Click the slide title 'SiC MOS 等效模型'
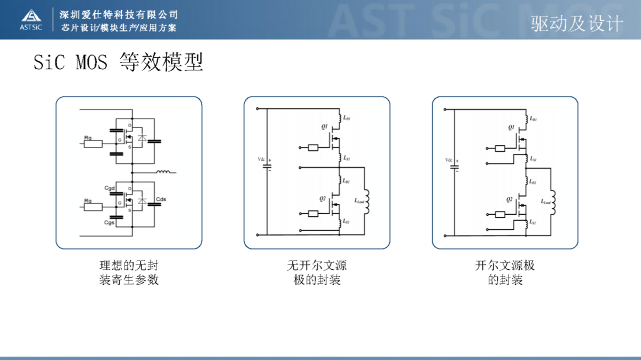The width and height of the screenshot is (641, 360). coord(118,62)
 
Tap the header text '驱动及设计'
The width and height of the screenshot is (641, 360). coord(577,24)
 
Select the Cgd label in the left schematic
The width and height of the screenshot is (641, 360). coord(110,189)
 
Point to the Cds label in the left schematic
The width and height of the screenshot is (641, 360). coord(161,199)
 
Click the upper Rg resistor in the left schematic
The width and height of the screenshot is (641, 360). coord(93,143)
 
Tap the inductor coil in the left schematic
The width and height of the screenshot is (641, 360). coord(163,172)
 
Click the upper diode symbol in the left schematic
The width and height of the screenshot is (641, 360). coord(142,138)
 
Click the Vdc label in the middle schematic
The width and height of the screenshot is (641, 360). coord(261,159)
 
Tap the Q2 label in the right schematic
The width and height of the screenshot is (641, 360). coord(510,199)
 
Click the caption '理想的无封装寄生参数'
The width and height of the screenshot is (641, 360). coord(129,272)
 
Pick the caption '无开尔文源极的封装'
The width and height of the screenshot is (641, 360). coord(317,272)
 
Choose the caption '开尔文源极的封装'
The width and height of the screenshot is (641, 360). coord(505,272)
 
